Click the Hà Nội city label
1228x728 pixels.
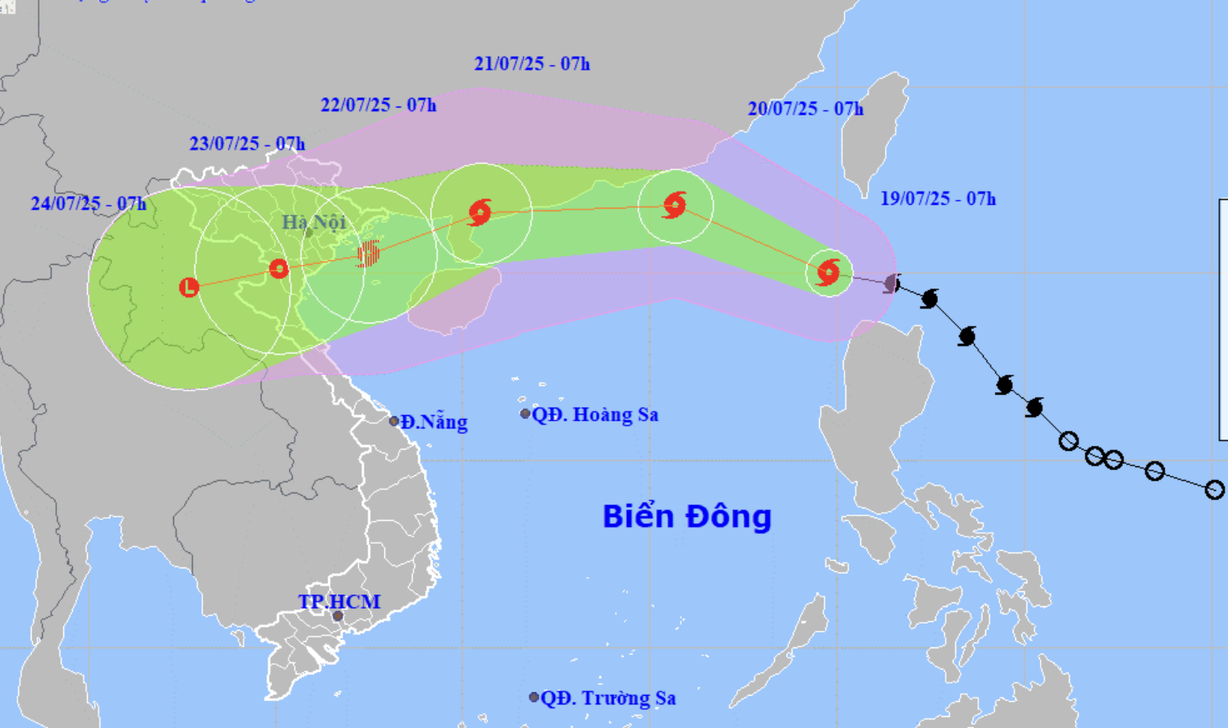[x=314, y=222]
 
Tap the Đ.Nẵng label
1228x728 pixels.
[x=433, y=422]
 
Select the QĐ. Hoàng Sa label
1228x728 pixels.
[x=595, y=414]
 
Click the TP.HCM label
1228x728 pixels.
[x=339, y=602]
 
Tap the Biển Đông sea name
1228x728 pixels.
[x=686, y=516]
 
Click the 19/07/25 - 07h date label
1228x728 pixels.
[x=938, y=198]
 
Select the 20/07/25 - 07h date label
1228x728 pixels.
[x=806, y=108]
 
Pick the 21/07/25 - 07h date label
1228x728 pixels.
[x=532, y=63]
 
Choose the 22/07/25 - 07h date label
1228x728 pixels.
[x=378, y=104]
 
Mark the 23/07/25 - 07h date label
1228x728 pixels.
[x=247, y=143]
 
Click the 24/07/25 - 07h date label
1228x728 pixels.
[x=89, y=203]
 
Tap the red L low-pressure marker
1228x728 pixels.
[x=188, y=287]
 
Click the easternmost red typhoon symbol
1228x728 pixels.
[x=828, y=273]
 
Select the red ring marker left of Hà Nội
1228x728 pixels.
[x=278, y=269]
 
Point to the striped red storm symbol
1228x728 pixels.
[x=368, y=254]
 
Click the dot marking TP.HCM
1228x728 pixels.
[x=338, y=616]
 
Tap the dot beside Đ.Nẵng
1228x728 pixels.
[x=394, y=421]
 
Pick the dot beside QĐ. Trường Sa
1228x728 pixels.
[x=534, y=697]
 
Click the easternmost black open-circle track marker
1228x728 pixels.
[x=1215, y=490]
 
